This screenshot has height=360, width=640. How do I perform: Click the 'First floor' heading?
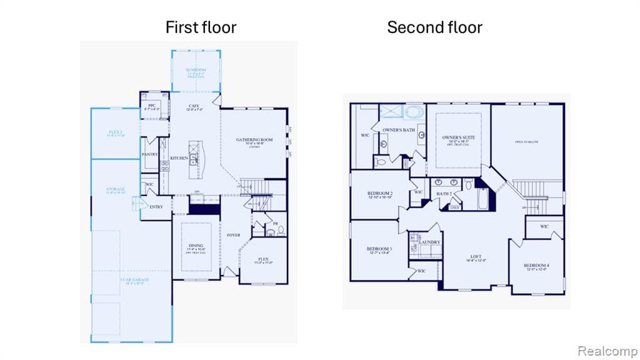(201, 27)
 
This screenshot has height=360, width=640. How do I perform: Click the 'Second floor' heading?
(434, 27)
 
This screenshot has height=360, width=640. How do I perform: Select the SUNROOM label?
(195, 70)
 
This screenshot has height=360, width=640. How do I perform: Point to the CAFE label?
(194, 106)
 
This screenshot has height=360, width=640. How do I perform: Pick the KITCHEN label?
(179, 158)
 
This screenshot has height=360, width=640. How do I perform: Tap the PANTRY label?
(150, 154)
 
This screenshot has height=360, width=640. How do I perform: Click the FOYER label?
(233, 235)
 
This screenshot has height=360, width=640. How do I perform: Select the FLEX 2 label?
(115, 132)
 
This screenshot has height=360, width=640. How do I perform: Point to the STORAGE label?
(116, 189)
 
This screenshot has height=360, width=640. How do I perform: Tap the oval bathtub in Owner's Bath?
(414, 112)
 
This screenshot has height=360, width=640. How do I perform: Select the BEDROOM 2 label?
(380, 194)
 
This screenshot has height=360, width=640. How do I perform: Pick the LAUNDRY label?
(429, 242)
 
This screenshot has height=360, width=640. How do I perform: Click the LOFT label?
(477, 256)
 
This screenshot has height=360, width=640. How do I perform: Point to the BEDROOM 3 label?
(379, 249)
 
